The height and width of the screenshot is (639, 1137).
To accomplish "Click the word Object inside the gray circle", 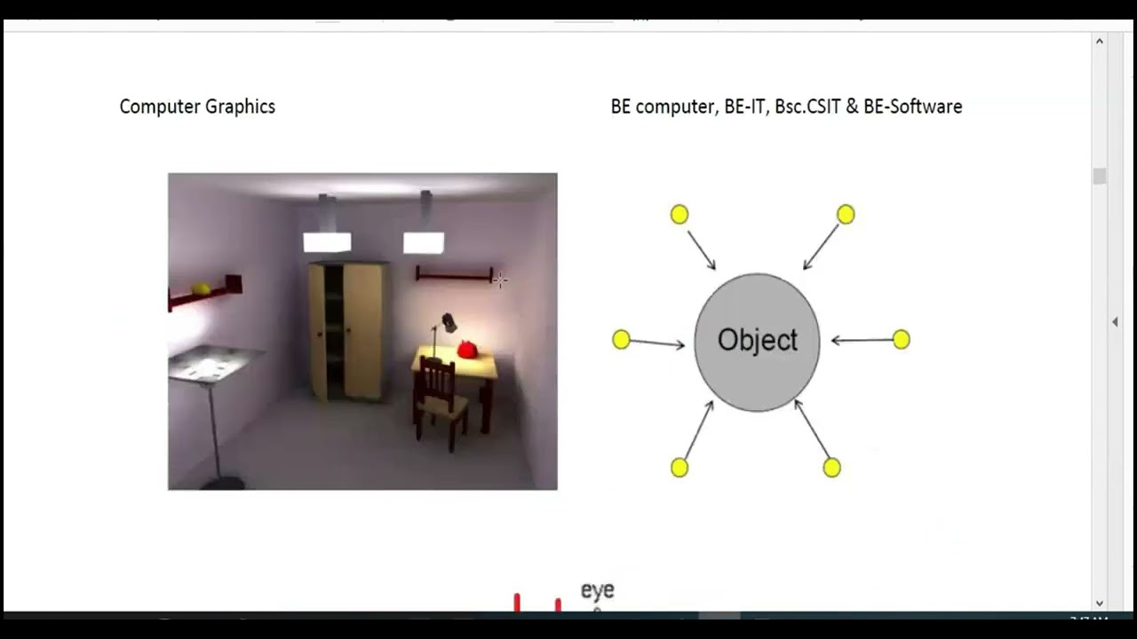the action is click(x=757, y=341).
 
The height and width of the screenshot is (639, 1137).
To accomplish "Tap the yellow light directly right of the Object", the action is click(x=901, y=339).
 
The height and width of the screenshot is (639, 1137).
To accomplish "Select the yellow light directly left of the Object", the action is click(x=621, y=339).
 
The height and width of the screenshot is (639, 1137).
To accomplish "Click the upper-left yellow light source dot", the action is click(x=680, y=214).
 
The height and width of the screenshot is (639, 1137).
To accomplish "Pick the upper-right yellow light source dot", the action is click(x=846, y=214).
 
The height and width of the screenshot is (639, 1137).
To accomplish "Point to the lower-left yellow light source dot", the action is click(x=680, y=467).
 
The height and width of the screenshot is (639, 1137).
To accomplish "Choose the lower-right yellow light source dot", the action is click(x=831, y=467).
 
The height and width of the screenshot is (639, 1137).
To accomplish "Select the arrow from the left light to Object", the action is click(x=657, y=343).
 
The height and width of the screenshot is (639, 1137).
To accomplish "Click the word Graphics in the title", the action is click(x=241, y=106).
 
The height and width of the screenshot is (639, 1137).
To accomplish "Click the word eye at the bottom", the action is click(x=597, y=590).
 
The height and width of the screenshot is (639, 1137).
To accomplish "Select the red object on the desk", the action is click(x=467, y=349).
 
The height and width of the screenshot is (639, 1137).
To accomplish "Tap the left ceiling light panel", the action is click(x=327, y=241).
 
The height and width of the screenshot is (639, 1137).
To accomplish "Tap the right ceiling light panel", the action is click(x=424, y=242).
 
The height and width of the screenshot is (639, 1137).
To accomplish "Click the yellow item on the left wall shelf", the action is click(x=202, y=288).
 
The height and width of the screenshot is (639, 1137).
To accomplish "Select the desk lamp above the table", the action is click(x=449, y=323).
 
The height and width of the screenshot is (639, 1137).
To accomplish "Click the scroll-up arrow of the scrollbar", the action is click(x=1099, y=42).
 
